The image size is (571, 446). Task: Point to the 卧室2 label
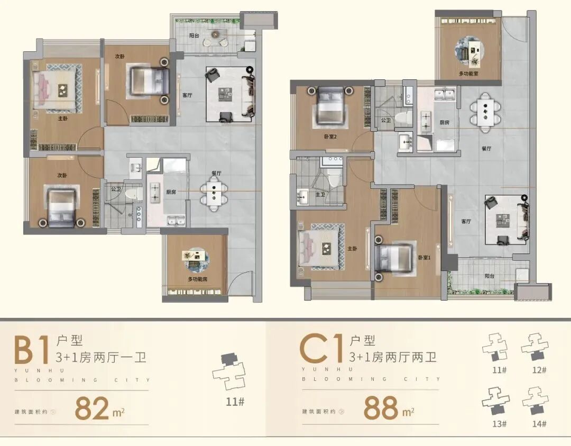tap(330, 136)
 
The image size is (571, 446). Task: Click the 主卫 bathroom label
tap(321, 195)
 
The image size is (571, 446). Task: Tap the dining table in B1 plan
tap(214, 194)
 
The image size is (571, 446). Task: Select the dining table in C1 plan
tap(485, 110)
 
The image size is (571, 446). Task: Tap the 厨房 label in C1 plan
tap(445, 122)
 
